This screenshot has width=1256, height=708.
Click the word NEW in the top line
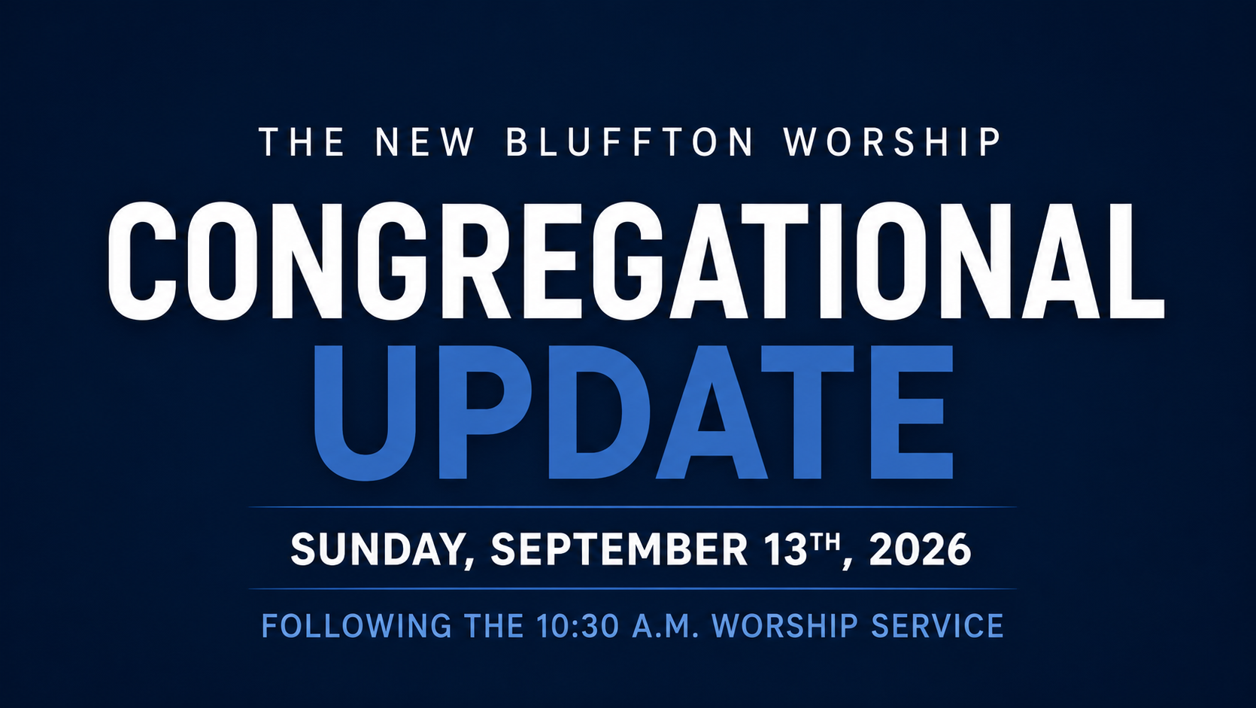tap(424, 142)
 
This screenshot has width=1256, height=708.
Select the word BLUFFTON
tap(630, 142)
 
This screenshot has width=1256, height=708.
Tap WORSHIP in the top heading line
tap(891, 142)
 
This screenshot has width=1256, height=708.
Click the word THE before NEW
tap(301, 142)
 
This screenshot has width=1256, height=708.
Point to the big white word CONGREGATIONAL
tap(636, 261)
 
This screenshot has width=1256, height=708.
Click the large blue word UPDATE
tap(633, 412)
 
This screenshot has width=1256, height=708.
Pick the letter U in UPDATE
tap(364, 414)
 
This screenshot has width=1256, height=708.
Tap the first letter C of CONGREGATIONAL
tap(142, 261)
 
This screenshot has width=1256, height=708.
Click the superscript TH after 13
tap(824, 542)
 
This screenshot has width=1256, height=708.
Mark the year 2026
tap(920, 549)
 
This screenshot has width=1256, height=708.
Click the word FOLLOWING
tap(356, 626)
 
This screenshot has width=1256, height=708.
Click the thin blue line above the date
tap(633, 507)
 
